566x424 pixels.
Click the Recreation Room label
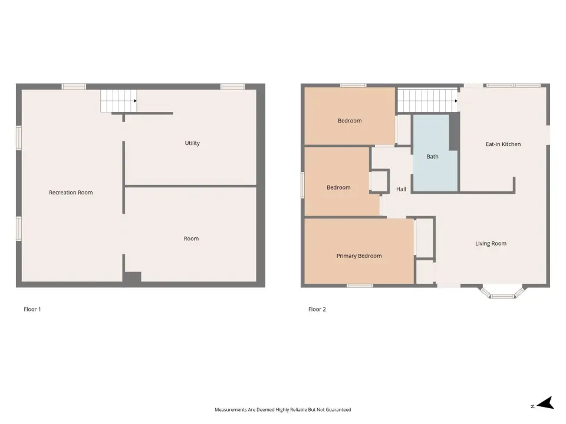[71, 193]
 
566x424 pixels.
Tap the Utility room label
[192, 143]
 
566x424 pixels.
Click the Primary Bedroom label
[359, 256]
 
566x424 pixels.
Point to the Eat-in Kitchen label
[503, 144]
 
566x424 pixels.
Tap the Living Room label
[491, 243]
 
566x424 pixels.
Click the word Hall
[401, 189]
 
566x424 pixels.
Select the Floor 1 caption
[32, 309]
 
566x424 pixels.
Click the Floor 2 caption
[317, 309]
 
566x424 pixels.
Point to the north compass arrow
[545, 403]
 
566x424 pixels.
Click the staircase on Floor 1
[119, 101]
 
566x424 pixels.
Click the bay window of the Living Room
[502, 293]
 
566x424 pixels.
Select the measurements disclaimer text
[282, 410]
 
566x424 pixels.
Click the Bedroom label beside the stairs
[350, 121]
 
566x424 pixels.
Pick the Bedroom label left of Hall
[338, 187]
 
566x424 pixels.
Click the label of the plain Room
[191, 238]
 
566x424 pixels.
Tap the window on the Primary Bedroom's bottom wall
[360, 286]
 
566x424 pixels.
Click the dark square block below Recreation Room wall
[133, 277]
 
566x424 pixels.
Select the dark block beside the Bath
[454, 131]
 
